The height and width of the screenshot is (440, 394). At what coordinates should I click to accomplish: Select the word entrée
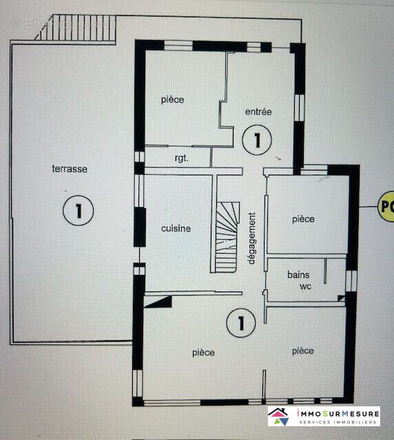point(259,111)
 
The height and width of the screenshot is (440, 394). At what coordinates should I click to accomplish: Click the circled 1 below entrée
point(256,140)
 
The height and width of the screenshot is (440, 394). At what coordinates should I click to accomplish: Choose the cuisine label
point(176,229)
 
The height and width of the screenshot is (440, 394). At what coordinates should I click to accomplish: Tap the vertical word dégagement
point(251,237)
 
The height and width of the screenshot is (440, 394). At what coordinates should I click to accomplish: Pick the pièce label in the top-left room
point(173,100)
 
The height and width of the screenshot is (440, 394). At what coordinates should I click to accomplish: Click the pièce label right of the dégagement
point(302,219)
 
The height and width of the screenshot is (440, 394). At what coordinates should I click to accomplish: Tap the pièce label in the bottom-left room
point(203,353)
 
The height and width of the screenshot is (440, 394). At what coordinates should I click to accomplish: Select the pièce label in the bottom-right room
point(302,351)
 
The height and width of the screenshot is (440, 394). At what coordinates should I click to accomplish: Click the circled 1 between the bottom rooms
point(240,321)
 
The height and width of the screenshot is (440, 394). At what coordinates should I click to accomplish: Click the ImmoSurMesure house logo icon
point(282,416)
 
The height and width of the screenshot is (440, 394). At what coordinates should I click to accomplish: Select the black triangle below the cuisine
point(160,300)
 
